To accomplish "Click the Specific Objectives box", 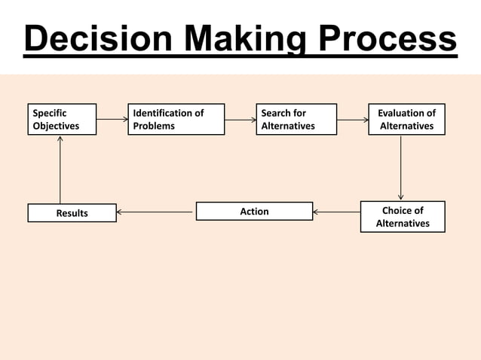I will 62,119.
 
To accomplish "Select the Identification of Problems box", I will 176,119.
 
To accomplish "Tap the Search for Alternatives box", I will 296,119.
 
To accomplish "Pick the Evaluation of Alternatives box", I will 406,119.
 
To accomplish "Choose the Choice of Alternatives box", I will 403,216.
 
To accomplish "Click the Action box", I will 254,211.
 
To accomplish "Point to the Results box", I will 72,213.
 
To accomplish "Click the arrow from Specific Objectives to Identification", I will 112,119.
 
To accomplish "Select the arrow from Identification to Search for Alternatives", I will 240,119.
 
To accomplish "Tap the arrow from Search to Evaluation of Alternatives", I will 352,119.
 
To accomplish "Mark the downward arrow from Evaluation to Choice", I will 400,167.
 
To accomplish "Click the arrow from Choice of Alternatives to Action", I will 336,212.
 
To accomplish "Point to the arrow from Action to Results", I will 156,212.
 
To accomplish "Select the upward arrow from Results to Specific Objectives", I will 60,169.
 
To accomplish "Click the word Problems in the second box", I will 154,126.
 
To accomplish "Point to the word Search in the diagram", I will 276,113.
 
